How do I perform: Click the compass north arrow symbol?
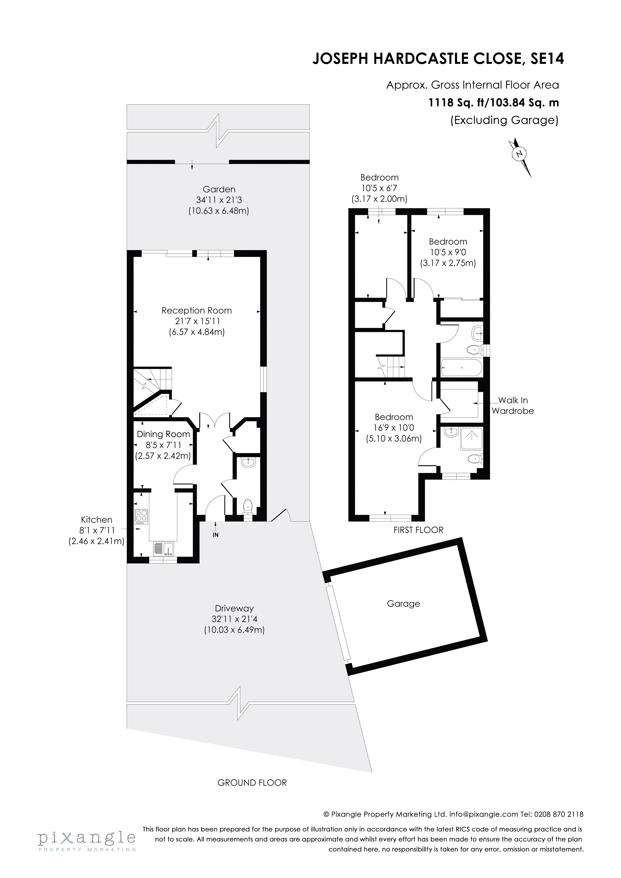tap(520, 154)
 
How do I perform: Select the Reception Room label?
tap(196, 311)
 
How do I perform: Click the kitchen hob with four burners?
tap(141, 517)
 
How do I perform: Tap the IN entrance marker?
tap(215, 535)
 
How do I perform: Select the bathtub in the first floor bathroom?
tap(461, 368)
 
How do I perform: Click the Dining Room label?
tap(163, 434)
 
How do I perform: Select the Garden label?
tap(219, 189)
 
